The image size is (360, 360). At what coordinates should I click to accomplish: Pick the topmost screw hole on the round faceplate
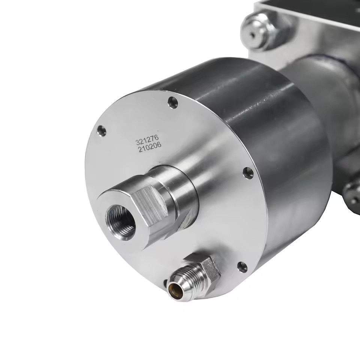(x=173, y=103)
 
